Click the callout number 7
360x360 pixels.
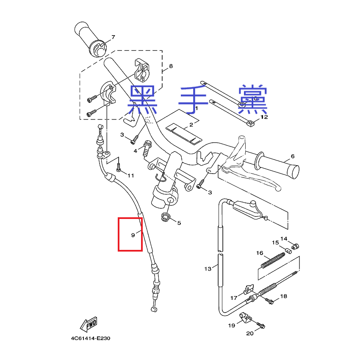pos(113,37)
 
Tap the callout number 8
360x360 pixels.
pos(171,66)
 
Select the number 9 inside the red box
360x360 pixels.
pos(133,235)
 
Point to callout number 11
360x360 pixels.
pos(130,176)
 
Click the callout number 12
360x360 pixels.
pos(264,117)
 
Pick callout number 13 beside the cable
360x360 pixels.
pos(208,269)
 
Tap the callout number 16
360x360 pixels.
pos(260,253)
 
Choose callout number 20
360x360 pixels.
pos(250,333)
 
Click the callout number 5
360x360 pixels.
pos(179,223)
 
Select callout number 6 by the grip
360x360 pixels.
pos(293,156)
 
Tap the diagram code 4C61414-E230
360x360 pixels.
pos(91,338)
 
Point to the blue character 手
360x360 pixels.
pos(193,100)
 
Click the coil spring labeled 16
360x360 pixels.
pos(273,260)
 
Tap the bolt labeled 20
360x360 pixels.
pos(260,325)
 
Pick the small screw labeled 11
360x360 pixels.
pos(119,167)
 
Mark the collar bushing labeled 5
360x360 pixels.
pos(165,217)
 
